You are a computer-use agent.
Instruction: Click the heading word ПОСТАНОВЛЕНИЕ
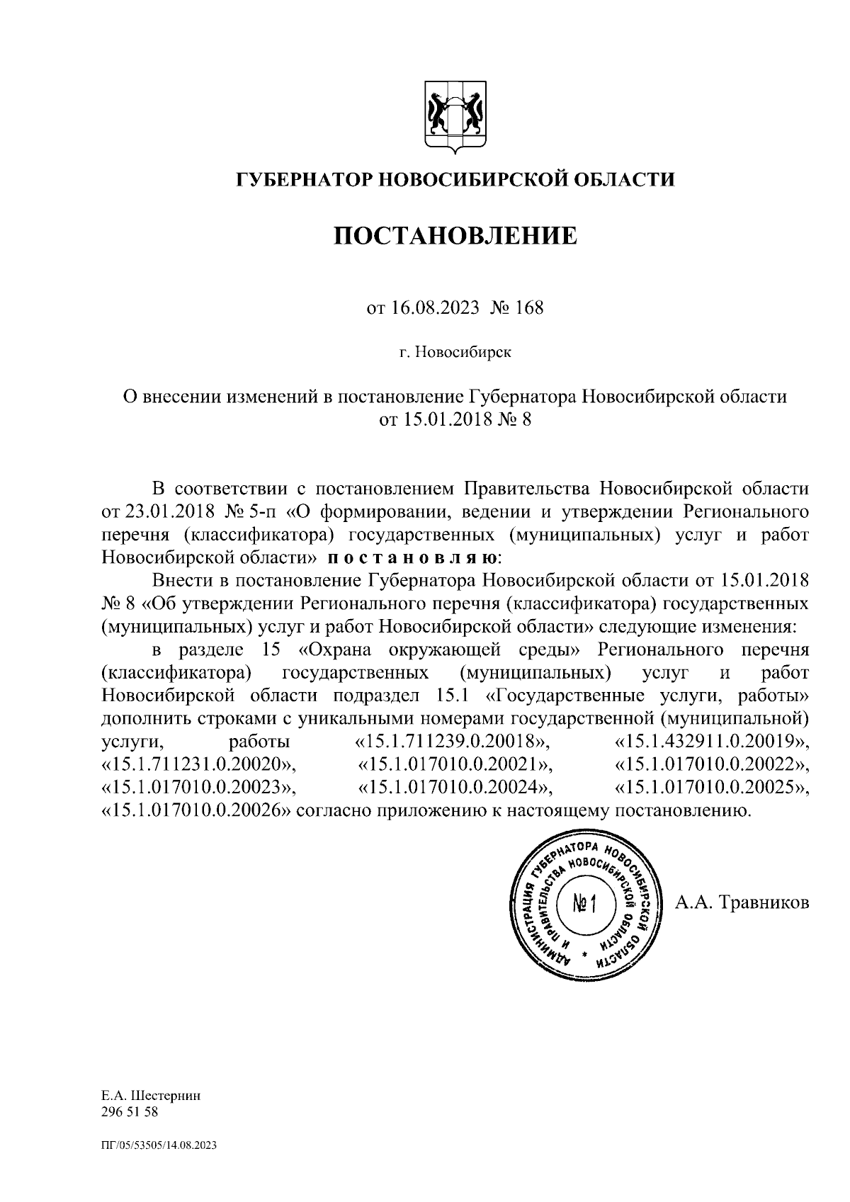[x=455, y=237]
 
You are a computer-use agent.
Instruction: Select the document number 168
[x=530, y=310]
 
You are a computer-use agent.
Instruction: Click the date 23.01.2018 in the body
[x=155, y=511]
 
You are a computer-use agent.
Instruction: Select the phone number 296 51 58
[x=130, y=1132]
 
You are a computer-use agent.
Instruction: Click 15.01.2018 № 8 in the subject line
[x=455, y=420]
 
